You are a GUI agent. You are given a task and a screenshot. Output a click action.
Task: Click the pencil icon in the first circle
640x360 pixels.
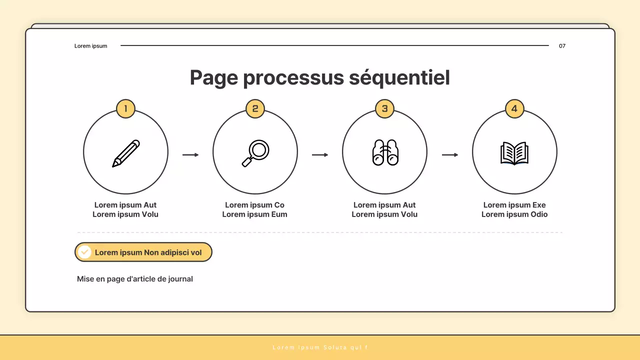[126, 153]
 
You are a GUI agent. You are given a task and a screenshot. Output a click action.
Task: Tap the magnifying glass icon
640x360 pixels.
[255, 153]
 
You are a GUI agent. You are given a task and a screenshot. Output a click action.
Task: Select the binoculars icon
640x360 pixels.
[385, 152]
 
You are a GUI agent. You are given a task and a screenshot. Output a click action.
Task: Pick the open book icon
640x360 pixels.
[514, 153]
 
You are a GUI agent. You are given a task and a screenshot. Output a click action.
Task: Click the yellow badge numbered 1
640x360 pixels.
[125, 108]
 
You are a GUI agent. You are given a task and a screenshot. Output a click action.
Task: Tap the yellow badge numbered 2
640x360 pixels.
[255, 108]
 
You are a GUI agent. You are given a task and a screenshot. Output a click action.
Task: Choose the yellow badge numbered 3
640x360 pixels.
[385, 108]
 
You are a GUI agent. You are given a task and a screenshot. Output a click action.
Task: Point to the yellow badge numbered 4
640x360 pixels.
[514, 108]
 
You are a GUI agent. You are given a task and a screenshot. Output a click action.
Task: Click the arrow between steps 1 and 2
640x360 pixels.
[190, 155]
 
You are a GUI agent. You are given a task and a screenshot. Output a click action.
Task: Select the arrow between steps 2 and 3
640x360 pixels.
[320, 155]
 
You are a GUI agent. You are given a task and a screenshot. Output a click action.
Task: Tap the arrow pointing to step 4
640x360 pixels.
[450, 155]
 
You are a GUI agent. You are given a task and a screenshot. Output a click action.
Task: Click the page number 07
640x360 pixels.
[562, 46]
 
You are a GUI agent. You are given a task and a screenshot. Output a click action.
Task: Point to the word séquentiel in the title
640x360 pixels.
[399, 78]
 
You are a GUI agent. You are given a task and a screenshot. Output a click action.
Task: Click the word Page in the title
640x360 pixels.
[214, 78]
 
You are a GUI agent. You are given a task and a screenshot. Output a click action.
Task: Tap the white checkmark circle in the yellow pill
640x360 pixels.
[84, 252]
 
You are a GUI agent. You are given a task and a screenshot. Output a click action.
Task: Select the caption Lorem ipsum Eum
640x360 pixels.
[255, 214]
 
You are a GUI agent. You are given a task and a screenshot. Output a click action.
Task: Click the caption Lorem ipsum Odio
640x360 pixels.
[514, 214]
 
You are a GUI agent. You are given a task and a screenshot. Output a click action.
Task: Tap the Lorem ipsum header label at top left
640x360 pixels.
[91, 46]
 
